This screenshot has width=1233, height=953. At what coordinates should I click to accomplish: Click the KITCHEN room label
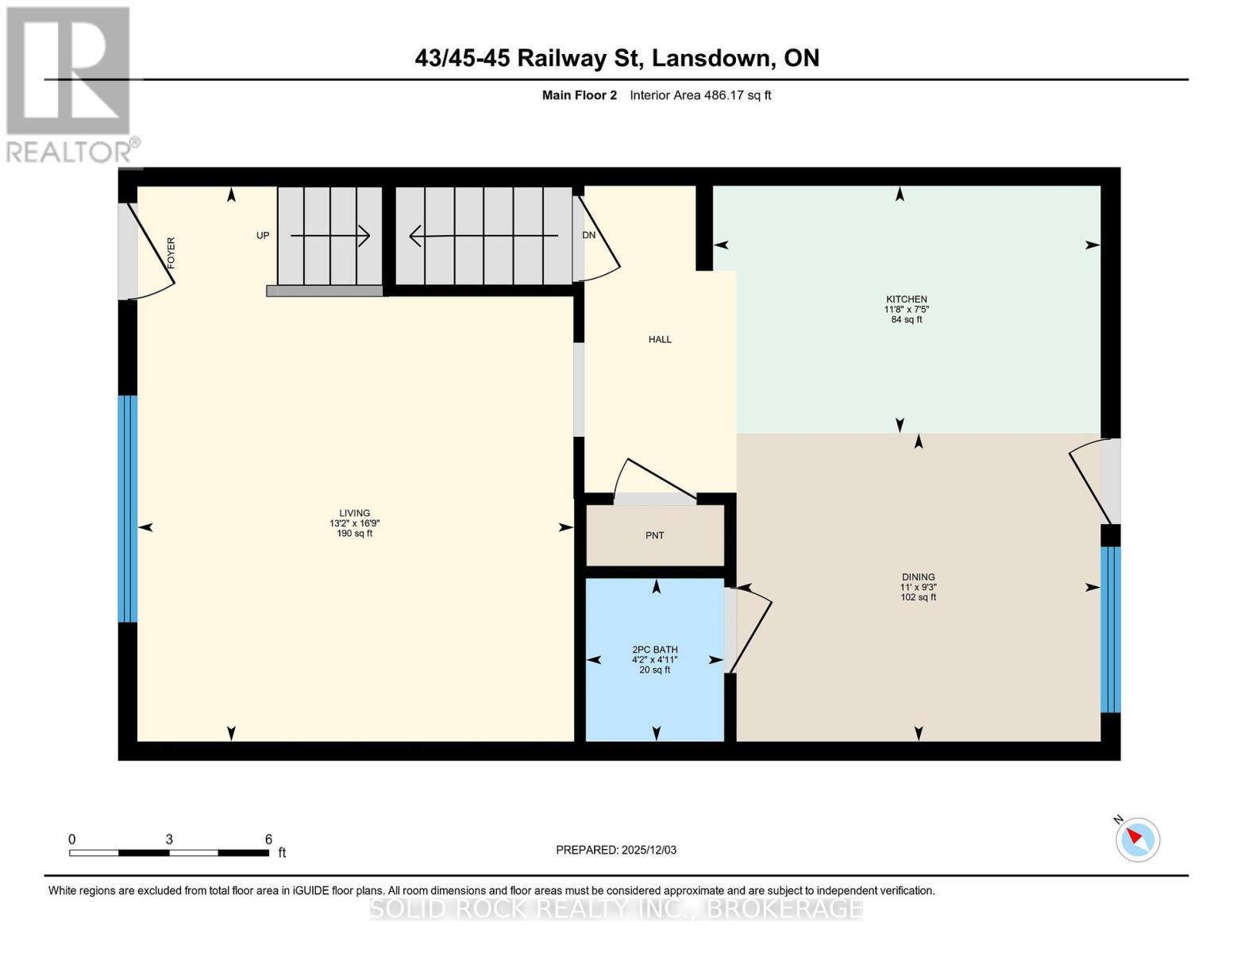pos(906,299)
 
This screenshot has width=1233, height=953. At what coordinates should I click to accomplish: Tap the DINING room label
pos(918,577)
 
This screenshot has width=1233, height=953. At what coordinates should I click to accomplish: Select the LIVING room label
pos(354,513)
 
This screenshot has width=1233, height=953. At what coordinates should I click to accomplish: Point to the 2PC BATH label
pos(654,650)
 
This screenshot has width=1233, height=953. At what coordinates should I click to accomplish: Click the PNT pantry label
pos(654,535)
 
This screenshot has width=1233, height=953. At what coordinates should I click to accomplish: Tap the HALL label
pos(660,339)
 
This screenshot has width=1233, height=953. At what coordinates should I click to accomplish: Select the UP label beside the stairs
pos(263,236)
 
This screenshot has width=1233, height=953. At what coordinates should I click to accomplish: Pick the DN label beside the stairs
pos(588,235)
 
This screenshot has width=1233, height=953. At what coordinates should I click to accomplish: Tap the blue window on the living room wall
pos(128,508)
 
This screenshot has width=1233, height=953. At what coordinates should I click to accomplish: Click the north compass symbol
pos(1137,839)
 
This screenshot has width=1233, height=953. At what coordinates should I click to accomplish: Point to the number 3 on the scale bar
pos(169,839)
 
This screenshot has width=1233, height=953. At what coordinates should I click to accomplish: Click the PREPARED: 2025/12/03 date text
pos(616,850)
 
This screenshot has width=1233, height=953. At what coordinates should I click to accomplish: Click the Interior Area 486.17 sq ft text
pos(700,95)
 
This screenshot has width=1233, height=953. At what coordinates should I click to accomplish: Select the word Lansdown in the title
pos(715,58)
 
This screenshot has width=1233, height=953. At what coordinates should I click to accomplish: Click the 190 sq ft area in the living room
pos(354,534)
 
